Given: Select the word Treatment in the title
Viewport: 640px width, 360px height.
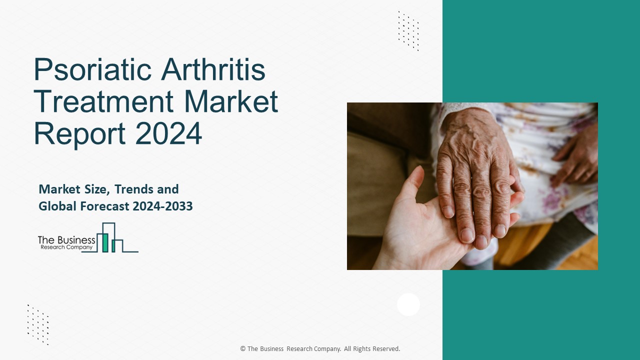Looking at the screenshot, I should coord(103,101).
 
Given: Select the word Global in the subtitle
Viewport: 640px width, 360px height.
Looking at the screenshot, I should coord(57,206).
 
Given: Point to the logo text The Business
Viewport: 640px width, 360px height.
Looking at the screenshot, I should coord(66,240).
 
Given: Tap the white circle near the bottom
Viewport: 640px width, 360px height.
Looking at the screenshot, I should coord(408,304).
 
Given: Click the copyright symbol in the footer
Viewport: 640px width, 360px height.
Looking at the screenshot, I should coord(243,349).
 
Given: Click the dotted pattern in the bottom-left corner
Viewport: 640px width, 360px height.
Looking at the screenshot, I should coord(38,324).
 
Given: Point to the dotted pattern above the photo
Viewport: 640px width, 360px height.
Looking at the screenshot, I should coord(408,30).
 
